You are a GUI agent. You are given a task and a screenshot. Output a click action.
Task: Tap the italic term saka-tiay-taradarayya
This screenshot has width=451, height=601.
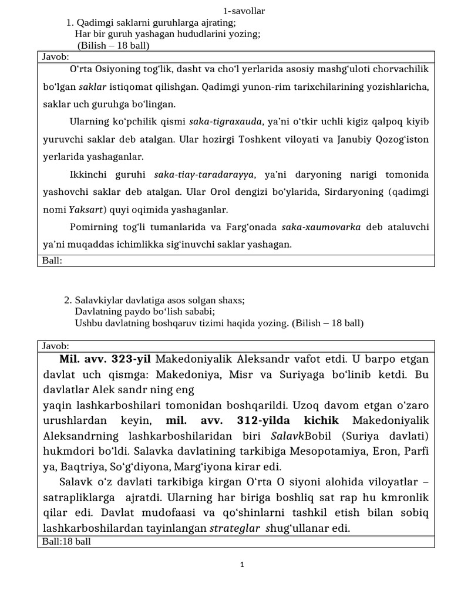[204, 174]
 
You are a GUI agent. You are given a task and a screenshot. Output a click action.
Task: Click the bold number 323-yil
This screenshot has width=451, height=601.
[130, 359]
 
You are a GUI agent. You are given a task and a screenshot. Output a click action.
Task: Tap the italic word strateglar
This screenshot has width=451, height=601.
[234, 528]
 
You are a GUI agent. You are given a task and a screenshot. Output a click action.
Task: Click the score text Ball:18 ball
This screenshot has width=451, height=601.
[66, 541]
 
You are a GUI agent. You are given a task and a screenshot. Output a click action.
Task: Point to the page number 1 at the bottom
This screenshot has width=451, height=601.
[241, 565]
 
